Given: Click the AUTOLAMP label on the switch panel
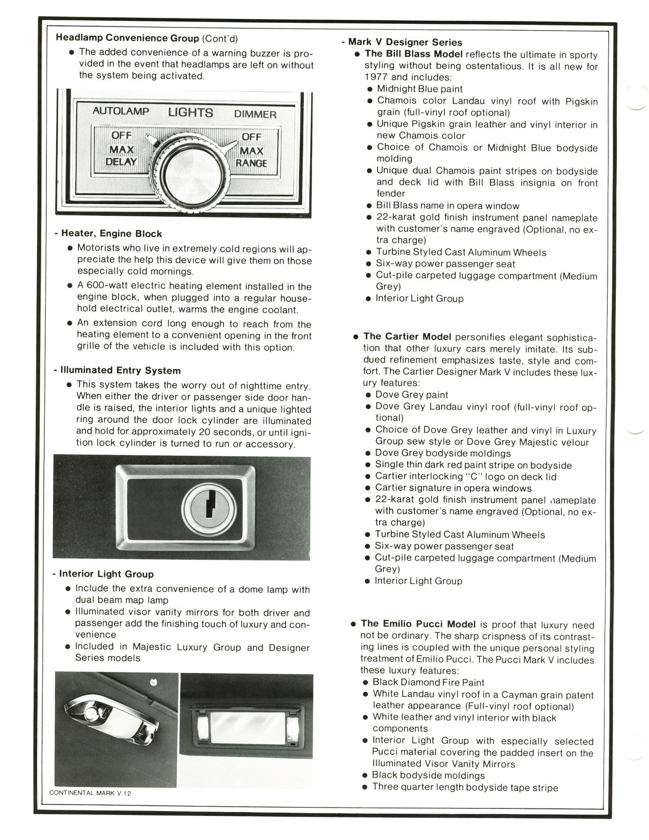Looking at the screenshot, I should point(121,111).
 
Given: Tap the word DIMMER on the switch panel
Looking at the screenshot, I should point(255,115).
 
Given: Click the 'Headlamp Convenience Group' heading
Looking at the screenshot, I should point(127,38).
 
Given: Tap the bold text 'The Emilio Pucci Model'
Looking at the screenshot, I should point(418,624).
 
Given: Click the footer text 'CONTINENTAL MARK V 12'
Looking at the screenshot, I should point(90,793).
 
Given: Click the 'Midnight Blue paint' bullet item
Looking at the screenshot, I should point(419,89).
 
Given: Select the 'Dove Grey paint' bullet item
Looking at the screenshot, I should point(411,395).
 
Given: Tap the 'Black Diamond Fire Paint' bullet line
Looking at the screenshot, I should point(428,682).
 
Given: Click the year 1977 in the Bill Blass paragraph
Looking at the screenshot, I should point(376,77).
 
